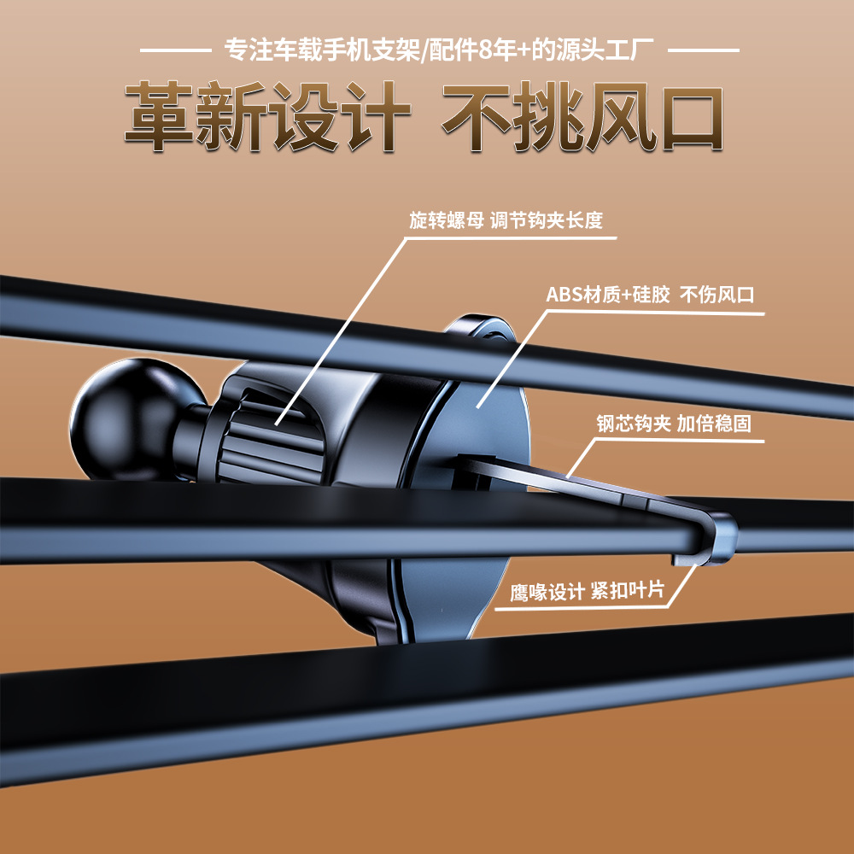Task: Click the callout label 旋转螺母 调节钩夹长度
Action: point(506,220)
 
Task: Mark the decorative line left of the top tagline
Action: point(174,50)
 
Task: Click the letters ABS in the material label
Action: point(564,295)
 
